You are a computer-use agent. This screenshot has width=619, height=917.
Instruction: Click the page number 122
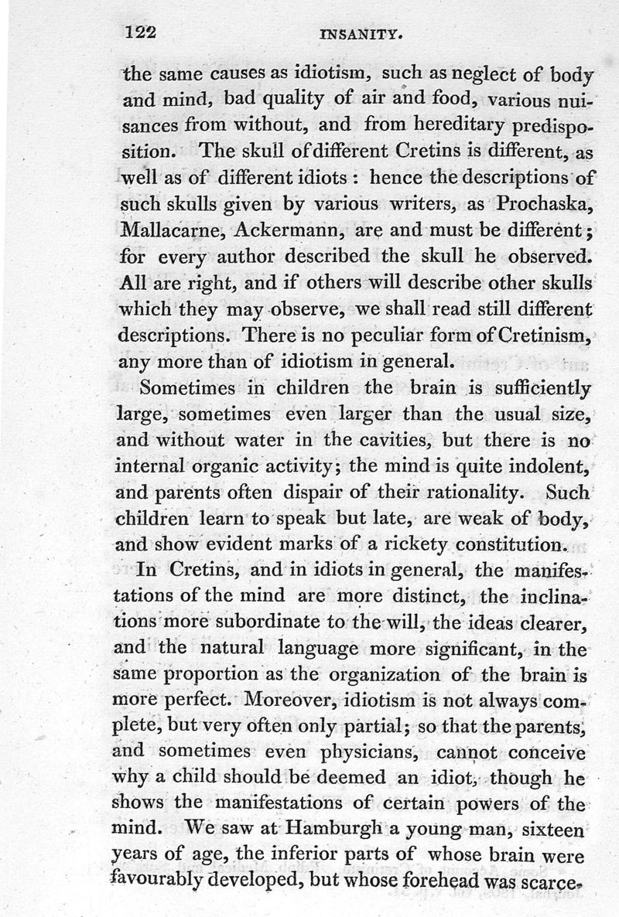coord(141,32)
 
